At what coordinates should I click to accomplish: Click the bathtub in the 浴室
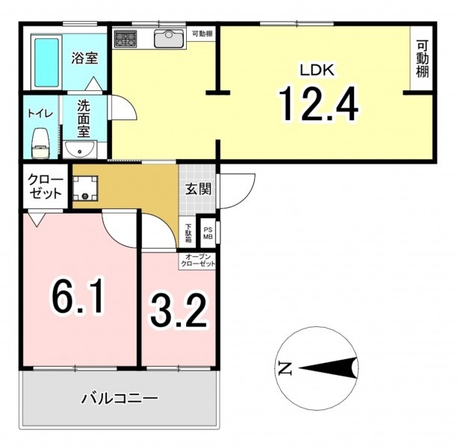[x=46, y=63]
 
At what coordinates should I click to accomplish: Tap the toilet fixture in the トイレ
[x=40, y=143]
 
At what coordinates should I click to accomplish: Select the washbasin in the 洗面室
[x=81, y=149]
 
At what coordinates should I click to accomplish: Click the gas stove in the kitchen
[x=126, y=39]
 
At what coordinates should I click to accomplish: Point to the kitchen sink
[x=169, y=38]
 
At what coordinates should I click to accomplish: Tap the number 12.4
[x=319, y=104]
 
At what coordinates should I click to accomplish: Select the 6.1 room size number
[x=78, y=296]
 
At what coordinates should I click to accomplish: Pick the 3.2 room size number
[x=179, y=311]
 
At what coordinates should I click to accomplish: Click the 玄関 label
[x=199, y=190]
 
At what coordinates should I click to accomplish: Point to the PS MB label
[x=208, y=233]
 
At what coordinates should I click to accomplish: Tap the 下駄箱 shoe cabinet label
[x=189, y=233]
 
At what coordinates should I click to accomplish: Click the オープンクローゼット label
[x=198, y=261]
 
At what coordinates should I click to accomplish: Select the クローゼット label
[x=45, y=187]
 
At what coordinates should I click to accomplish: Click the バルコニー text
[x=120, y=399]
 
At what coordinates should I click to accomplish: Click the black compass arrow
[x=328, y=368]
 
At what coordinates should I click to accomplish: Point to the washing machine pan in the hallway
[x=85, y=188]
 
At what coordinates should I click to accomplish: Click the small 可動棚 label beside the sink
[x=202, y=34]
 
